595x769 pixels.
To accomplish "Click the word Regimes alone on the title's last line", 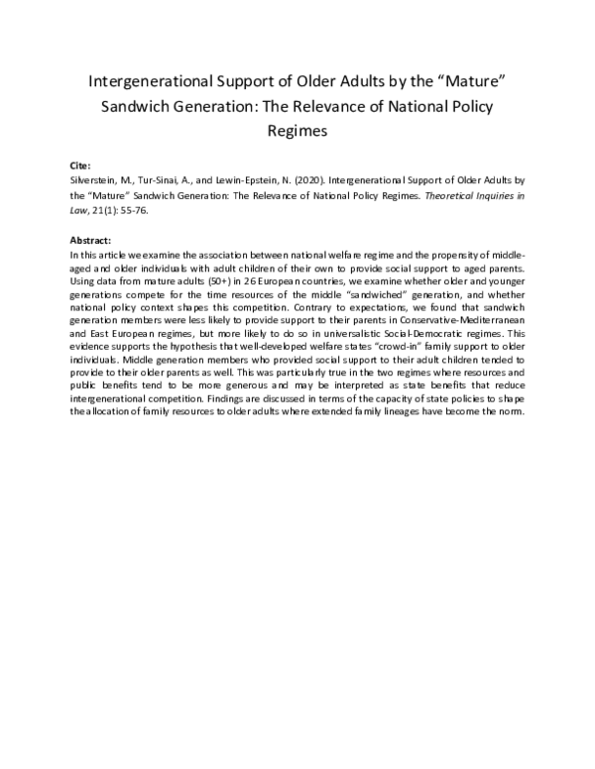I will point(297,130).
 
